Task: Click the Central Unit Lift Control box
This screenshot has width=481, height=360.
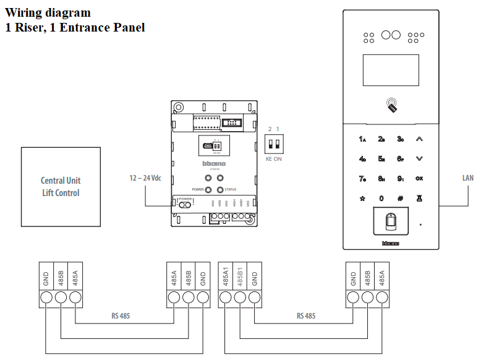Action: tap(61, 186)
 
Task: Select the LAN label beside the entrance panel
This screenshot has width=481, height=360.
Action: tap(468, 178)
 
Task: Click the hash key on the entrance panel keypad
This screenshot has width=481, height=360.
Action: tap(400, 199)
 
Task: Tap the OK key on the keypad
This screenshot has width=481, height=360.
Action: tap(419, 179)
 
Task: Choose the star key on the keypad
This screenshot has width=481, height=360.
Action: tap(362, 199)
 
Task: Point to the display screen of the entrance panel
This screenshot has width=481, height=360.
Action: tap(391, 70)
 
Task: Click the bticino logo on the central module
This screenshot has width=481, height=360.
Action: tap(215, 163)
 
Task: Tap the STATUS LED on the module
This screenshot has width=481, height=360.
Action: tap(219, 190)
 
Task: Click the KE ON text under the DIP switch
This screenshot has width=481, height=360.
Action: tap(273, 159)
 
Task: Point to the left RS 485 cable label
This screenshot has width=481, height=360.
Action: tap(121, 316)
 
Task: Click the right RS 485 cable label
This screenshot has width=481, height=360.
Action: tap(305, 316)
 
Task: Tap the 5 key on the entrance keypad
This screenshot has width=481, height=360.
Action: tap(381, 159)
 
